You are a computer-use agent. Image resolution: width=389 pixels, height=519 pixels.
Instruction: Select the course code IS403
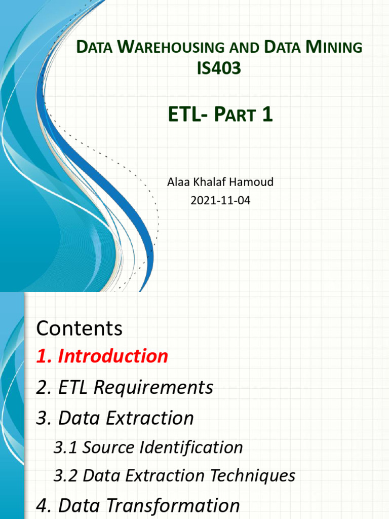point(219,68)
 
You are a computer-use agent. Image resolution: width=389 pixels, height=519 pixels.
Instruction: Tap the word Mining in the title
point(334,47)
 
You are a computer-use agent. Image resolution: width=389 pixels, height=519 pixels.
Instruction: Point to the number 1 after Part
point(267,114)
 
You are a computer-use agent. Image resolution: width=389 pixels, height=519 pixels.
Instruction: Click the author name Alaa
point(179,182)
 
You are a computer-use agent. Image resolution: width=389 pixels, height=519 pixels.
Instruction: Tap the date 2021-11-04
point(220,200)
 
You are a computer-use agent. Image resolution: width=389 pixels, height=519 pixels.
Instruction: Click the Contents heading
point(80,328)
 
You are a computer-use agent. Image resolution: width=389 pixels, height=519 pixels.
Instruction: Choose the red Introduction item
point(113,356)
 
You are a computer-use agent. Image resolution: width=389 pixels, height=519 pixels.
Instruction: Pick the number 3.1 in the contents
point(65,448)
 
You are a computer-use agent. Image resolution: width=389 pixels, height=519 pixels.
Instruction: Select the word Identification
point(191,448)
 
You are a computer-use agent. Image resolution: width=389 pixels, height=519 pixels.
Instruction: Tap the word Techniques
point(253,475)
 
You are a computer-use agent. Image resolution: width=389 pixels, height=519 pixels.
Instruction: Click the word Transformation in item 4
point(173,506)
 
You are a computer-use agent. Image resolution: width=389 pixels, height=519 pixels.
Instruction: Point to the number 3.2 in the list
point(65,475)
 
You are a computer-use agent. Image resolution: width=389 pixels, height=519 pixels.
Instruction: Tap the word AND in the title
point(245,48)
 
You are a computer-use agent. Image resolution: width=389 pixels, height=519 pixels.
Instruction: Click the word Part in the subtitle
point(235,114)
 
